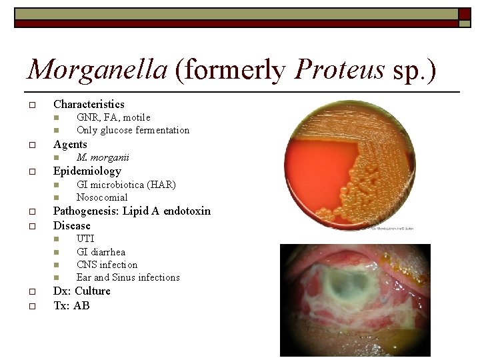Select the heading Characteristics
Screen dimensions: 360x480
tap(89, 104)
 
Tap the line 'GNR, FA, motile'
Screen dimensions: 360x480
tap(113, 118)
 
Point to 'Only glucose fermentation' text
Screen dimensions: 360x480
tap(133, 130)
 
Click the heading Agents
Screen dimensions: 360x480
tap(70, 144)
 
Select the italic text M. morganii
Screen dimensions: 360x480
tap(103, 158)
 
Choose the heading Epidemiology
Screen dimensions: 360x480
tap(87, 171)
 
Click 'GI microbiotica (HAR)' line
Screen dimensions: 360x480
tap(126, 185)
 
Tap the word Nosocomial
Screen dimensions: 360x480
tap(102, 197)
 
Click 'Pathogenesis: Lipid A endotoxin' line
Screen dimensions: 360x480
tap(131, 211)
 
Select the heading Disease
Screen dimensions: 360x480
tap(71, 225)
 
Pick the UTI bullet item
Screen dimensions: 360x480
tap(85, 239)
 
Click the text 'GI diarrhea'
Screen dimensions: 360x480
tap(101, 252)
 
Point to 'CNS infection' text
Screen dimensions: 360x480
tap(107, 265)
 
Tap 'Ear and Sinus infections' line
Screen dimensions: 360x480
tap(128, 277)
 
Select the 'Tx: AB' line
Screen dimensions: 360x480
tap(71, 306)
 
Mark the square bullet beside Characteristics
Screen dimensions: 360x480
tap(31, 105)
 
